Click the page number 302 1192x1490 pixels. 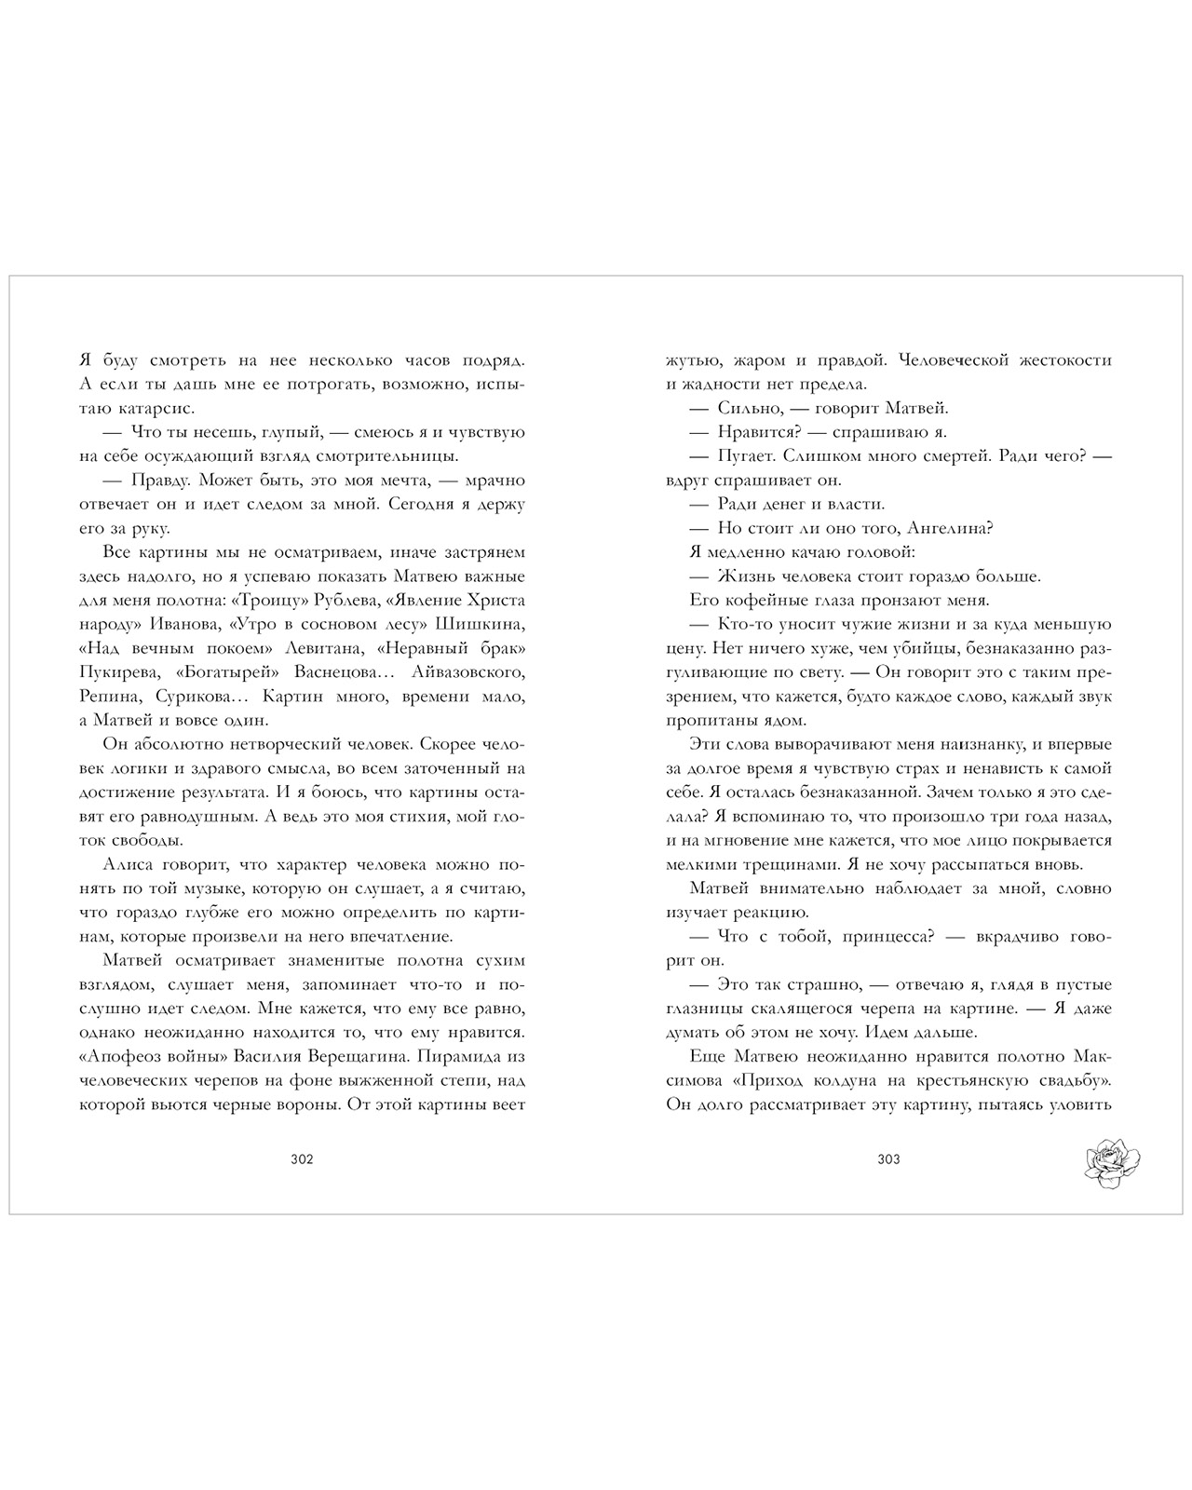point(302,1159)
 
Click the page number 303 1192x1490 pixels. point(888,1159)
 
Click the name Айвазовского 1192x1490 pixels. point(465,672)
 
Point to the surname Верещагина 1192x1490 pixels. point(346,1057)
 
